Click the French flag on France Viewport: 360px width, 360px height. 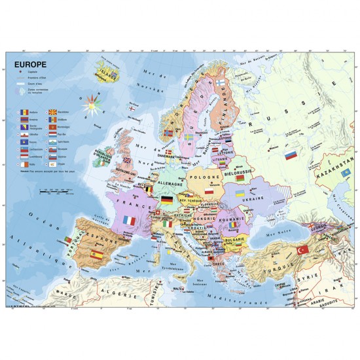point(128,222)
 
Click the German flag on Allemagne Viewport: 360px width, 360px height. point(168,200)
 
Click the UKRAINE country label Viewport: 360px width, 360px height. point(252,198)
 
